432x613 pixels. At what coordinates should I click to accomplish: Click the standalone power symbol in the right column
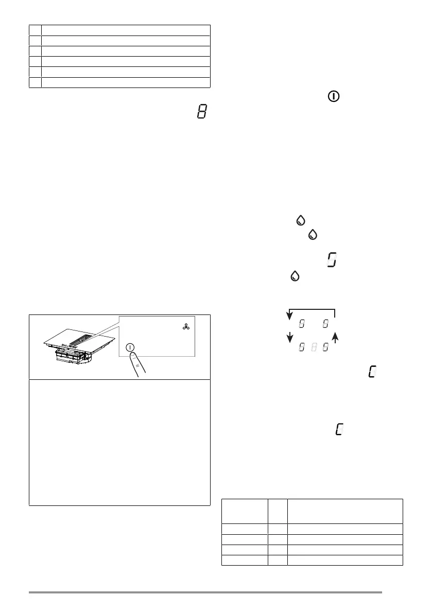point(334,96)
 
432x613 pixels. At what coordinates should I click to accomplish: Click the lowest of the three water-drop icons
point(295,276)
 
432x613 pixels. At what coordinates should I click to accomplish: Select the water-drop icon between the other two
point(312,235)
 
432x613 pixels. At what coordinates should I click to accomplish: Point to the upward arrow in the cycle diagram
point(336,338)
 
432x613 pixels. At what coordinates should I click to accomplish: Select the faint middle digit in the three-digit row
point(314,348)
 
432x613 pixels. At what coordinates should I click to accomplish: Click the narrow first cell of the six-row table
point(35,30)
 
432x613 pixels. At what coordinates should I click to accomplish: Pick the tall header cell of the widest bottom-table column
point(344,510)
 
